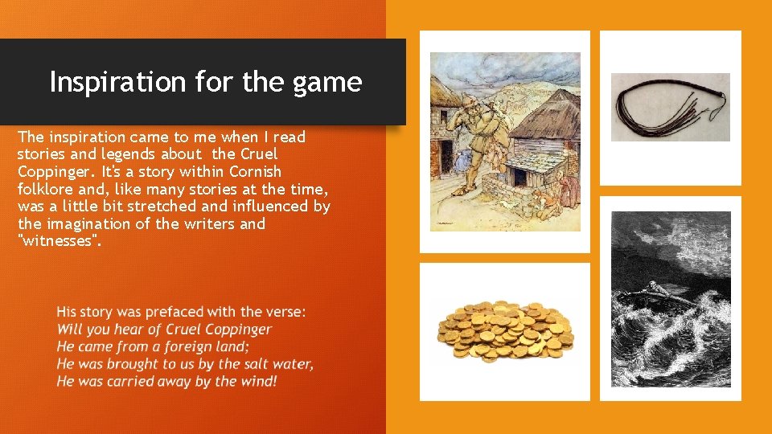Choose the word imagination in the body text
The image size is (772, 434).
click(90, 223)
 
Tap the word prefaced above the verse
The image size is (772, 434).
click(170, 312)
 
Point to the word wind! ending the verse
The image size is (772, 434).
click(257, 381)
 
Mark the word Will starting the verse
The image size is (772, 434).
click(69, 330)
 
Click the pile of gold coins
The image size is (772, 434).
click(504, 332)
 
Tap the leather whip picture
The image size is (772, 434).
click(670, 107)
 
